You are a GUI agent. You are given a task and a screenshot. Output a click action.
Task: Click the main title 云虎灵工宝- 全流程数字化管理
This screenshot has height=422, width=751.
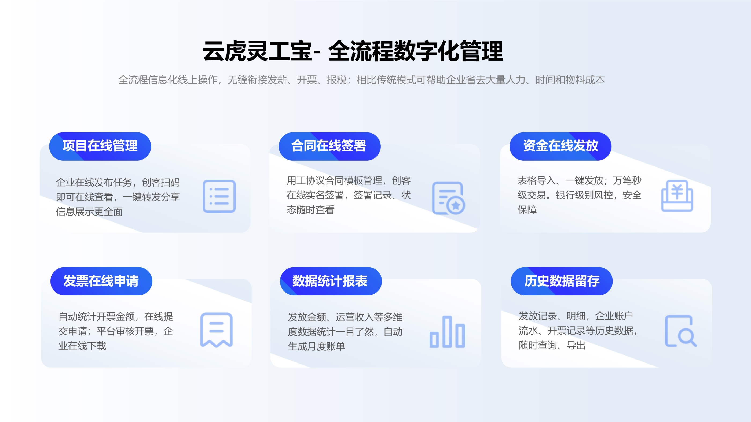353,51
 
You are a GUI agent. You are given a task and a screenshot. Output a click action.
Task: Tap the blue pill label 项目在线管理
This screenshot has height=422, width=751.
100,146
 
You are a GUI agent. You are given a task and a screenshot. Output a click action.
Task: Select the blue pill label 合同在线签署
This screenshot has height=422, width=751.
329,146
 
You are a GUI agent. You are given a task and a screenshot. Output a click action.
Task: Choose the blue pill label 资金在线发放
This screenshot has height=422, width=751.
560,146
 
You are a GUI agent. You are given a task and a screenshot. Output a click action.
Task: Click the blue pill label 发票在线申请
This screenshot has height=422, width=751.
101,281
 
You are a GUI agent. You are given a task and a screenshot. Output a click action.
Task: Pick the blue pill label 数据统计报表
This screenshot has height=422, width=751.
331,281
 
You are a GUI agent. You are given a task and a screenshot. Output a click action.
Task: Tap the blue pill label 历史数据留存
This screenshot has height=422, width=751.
562,281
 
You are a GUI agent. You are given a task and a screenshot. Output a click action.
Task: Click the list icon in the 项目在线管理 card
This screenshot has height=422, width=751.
219,196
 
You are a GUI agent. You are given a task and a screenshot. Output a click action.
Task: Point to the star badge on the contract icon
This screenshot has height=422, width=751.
456,206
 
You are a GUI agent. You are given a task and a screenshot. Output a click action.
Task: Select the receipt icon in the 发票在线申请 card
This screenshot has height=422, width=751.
216,330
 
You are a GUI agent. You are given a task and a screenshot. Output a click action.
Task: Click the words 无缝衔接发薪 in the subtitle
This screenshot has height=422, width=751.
257,80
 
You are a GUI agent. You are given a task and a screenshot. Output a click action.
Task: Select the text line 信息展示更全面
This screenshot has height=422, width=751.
89,212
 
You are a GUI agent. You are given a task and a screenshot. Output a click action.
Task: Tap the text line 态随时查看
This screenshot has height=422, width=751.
310,210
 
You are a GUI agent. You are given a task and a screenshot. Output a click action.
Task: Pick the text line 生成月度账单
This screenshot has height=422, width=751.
316,346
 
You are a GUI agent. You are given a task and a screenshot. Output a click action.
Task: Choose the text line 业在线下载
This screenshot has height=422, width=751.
82,346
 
